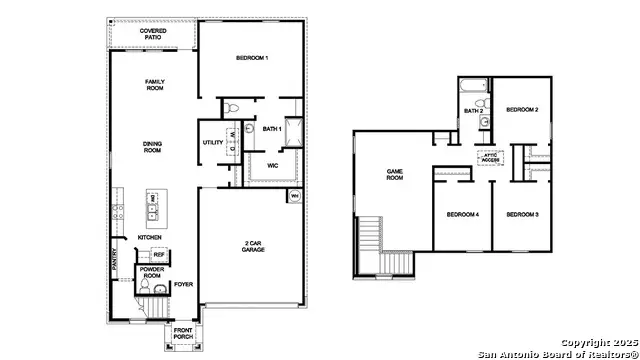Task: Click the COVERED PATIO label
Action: click(153, 35)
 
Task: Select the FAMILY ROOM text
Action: click(154, 86)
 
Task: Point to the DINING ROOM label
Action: click(152, 146)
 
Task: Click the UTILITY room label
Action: click(213, 143)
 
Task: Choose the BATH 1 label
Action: click(272, 129)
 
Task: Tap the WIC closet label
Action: click(272, 165)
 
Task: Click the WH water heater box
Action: click(295, 196)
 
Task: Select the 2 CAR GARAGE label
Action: click(252, 246)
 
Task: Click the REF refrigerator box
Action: click(158, 255)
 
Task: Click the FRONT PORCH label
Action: click(183, 333)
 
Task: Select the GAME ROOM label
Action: click(394, 175)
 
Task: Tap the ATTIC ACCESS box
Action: click(490, 157)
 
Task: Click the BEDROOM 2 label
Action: click(522, 109)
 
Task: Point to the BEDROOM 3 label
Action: click(522, 215)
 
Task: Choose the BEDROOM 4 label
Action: click(462, 215)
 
